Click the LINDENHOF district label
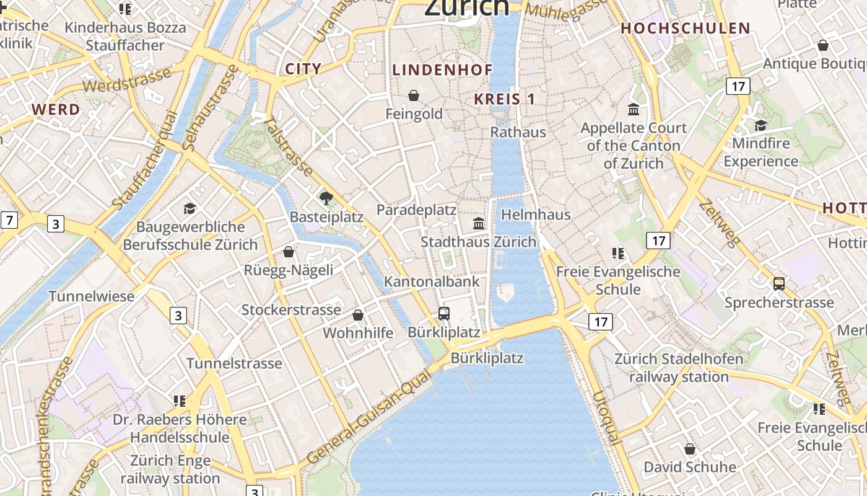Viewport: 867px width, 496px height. coord(442,70)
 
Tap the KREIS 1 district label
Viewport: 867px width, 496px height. coord(504,99)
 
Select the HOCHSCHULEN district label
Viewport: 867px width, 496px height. coord(685,29)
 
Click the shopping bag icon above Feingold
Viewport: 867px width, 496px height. coord(414,95)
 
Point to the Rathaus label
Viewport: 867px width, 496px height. coord(518,132)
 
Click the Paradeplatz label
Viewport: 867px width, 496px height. coord(416,210)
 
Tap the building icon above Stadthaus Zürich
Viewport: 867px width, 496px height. coord(479,223)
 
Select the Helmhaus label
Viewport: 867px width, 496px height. coord(535,215)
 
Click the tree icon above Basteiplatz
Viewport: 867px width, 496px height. coord(326,198)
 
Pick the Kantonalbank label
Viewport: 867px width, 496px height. coord(432,281)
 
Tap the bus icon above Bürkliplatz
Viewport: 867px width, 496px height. coord(443,314)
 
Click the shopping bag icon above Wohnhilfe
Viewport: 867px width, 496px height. coord(358,315)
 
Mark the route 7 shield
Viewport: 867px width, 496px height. coord(9,220)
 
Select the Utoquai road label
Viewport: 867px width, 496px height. coord(605,417)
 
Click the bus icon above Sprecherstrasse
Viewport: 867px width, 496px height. coord(778,284)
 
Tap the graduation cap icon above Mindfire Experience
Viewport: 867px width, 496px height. coord(760,125)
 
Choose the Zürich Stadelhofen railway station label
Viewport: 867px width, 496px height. coord(678,368)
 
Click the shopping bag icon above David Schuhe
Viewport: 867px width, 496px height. coord(689,449)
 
